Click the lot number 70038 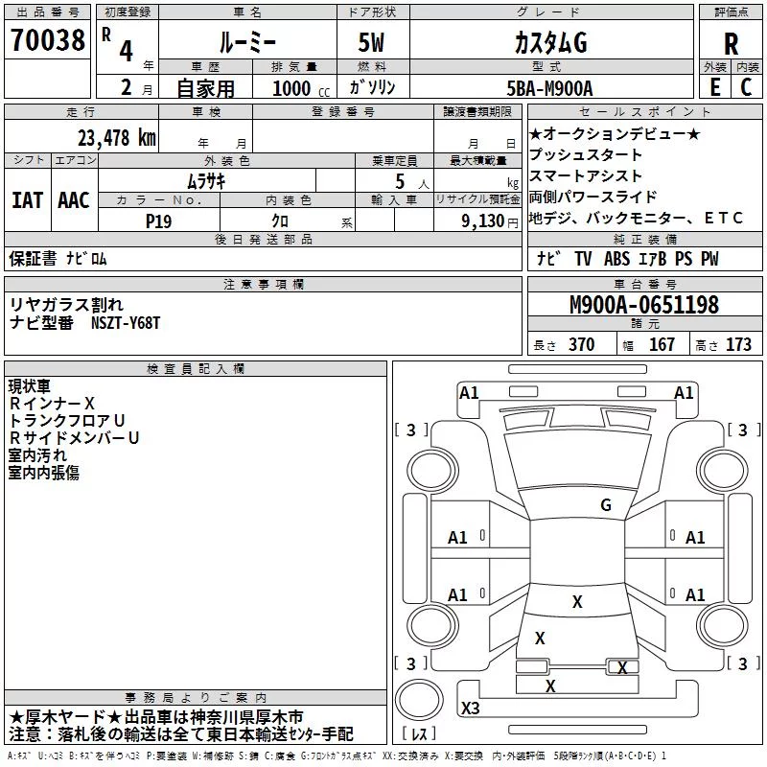[x=48, y=39]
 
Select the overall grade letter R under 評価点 [x=731, y=44]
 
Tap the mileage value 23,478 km [x=117, y=138]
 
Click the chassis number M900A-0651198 [x=644, y=305]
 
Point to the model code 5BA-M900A [x=549, y=88]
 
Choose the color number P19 [x=158, y=221]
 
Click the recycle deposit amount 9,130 [x=482, y=221]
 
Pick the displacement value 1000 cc [x=301, y=88]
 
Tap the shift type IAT [x=27, y=200]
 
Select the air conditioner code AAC [x=74, y=200]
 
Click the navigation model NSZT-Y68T [x=126, y=323]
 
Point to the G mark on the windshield [x=606, y=504]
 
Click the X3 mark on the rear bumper [x=470, y=708]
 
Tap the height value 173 [x=738, y=345]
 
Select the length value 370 [x=582, y=345]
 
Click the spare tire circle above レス [x=419, y=699]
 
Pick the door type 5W [x=371, y=42]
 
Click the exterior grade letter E [x=715, y=87]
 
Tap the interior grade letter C [x=746, y=87]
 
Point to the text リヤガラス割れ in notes [x=66, y=305]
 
